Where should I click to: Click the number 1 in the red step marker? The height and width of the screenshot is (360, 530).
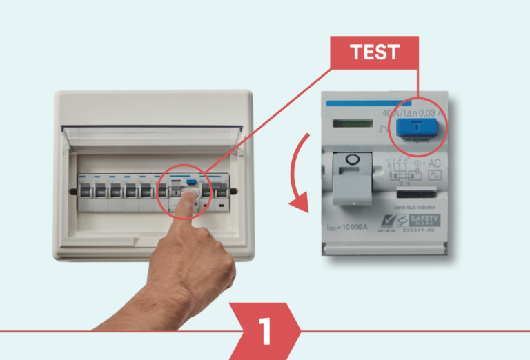266,332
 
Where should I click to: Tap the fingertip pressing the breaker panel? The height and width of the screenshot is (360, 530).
193,200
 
